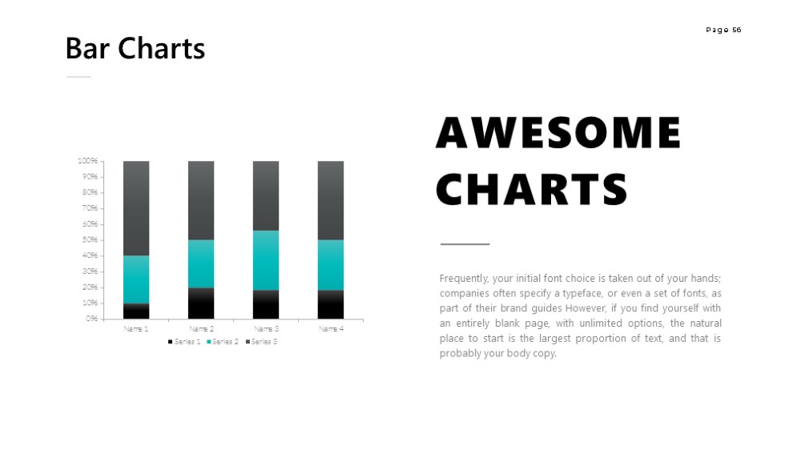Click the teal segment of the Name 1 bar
pos(136,279)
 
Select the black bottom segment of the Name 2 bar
pos(201,303)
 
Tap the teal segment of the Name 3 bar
pos(266,260)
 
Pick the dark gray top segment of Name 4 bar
pos(331,200)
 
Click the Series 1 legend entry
pos(184,342)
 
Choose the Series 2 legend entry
pos(223,342)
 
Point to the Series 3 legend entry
pos(262,342)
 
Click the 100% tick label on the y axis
pos(87,161)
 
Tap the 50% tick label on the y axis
pos(90,239)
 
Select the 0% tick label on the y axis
pos(92,319)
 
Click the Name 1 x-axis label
pos(136,329)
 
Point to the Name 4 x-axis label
pos(331,329)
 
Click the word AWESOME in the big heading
pos(558,132)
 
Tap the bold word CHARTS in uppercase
pos(532,189)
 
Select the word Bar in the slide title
pos(87,49)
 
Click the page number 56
pos(737,30)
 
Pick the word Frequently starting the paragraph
pos(464,279)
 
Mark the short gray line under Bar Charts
pos(78,77)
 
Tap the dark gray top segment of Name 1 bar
pos(136,208)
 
